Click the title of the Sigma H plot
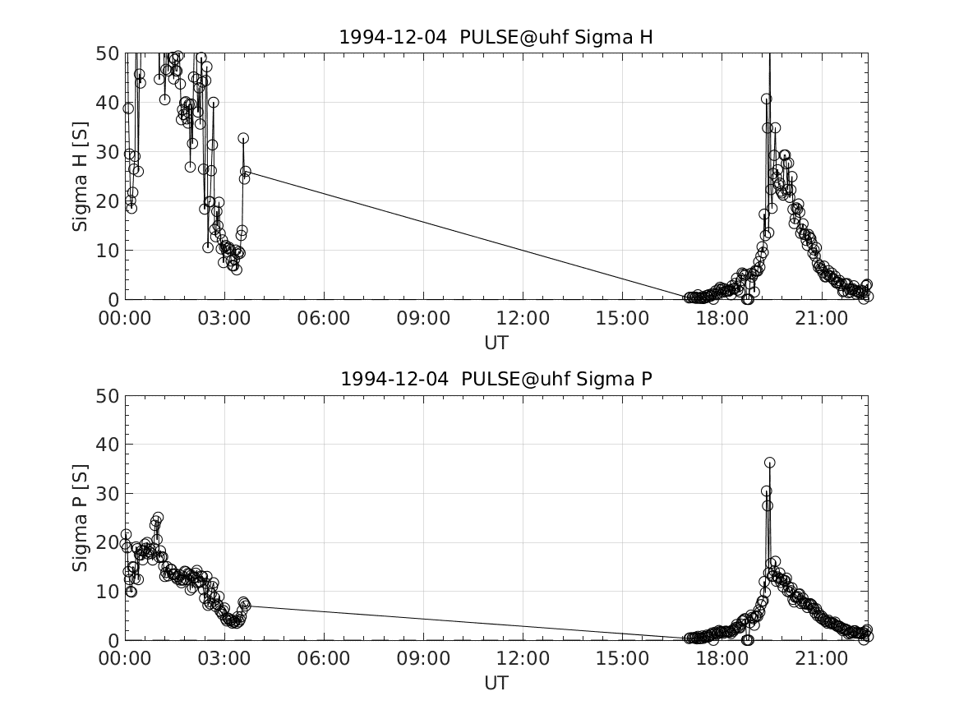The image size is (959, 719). coord(496,37)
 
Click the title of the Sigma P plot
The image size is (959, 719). coord(496,379)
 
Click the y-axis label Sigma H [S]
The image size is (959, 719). coord(80,176)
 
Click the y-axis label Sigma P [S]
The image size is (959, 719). coord(80,518)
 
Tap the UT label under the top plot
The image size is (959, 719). coord(496,342)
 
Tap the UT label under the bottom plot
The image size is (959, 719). coord(496,683)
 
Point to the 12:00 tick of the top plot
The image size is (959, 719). coord(523,318)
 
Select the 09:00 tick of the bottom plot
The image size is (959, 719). coord(424,659)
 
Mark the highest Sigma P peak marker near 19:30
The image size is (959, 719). coord(769,463)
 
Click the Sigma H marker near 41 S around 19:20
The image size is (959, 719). coord(766,99)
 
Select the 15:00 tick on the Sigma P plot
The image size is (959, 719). coord(623,659)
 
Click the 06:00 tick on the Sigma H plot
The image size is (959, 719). coord(324,318)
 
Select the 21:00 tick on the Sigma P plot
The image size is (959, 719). coord(822,659)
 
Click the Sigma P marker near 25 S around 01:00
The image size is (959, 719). coord(158,518)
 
